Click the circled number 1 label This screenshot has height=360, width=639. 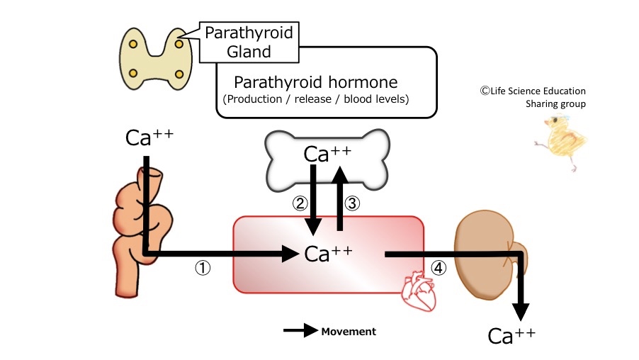(x=203, y=269)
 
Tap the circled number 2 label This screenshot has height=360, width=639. (x=300, y=203)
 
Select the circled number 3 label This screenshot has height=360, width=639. (x=353, y=203)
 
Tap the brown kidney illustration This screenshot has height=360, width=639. (x=486, y=249)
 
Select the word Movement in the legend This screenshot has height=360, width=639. (x=349, y=331)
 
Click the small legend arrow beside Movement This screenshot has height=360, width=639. (x=300, y=331)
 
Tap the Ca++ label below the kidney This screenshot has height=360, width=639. (x=511, y=335)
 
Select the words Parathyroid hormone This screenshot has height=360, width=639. (x=315, y=81)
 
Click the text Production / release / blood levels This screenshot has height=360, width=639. (x=316, y=99)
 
